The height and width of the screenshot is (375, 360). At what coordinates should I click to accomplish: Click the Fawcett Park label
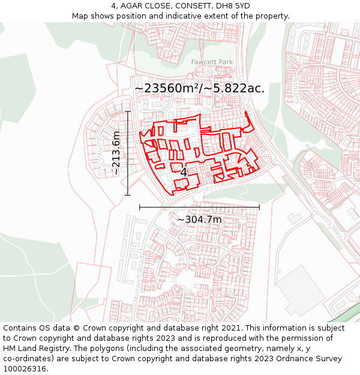click(x=212, y=62)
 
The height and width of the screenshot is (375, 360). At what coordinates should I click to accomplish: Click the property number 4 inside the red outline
click(x=184, y=172)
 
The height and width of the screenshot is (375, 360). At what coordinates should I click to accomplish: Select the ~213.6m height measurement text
click(x=116, y=153)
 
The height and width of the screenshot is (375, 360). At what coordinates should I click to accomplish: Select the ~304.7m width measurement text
click(x=199, y=220)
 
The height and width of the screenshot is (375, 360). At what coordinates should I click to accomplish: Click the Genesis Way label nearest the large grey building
click(x=326, y=222)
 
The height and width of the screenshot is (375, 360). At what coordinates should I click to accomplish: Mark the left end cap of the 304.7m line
click(x=140, y=206)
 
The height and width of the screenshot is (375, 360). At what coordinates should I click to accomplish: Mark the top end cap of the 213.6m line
click(x=127, y=111)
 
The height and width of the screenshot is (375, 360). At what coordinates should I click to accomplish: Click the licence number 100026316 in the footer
click(x=25, y=369)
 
